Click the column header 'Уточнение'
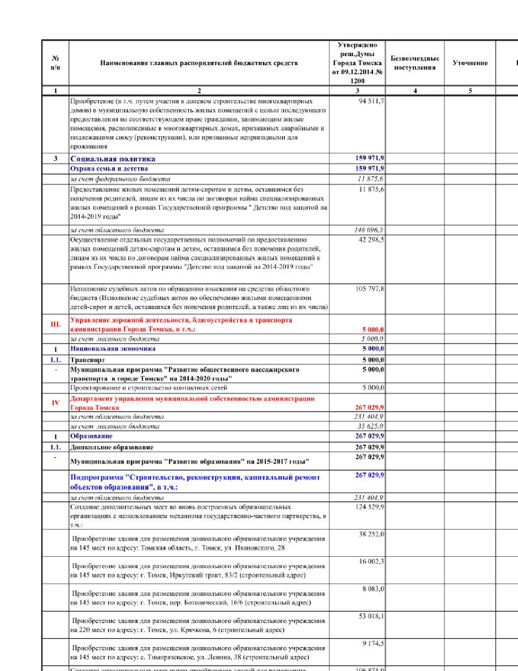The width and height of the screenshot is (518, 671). click(470, 63)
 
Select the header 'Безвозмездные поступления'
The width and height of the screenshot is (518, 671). click(415, 63)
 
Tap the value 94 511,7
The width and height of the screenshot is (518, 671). click(371, 101)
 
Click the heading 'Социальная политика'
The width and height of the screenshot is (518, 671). click(113, 159)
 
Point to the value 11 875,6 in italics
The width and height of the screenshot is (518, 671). click(370, 179)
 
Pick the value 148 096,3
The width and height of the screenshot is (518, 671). click(368, 230)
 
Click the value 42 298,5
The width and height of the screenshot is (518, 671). click(371, 240)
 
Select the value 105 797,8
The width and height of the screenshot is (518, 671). click(370, 289)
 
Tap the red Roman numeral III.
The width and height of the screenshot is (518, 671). click(56, 325)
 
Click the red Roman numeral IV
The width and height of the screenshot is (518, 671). click(56, 403)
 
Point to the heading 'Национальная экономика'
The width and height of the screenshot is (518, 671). click(113, 349)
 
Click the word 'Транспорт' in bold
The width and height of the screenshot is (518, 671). click(87, 360)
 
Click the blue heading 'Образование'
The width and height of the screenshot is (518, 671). click(91, 436)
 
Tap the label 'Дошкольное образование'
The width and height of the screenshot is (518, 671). click(112, 447)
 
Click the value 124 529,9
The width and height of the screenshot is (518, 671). click(369, 507)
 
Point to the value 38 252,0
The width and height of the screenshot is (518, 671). click(371, 534)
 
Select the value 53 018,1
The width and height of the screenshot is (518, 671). click(371, 616)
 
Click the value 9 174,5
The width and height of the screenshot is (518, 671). click(373, 643)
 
